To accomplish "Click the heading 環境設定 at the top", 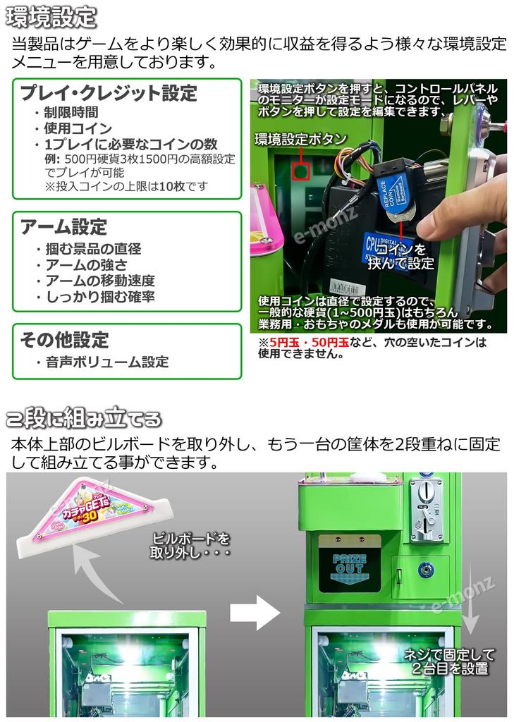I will coord(50,16).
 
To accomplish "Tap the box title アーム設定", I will coord(63,227).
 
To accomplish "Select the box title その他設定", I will coord(64,340).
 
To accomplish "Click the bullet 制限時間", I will coord(71,113).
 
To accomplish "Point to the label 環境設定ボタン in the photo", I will coord(310,137).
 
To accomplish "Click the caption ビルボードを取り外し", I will coord(190,545).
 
